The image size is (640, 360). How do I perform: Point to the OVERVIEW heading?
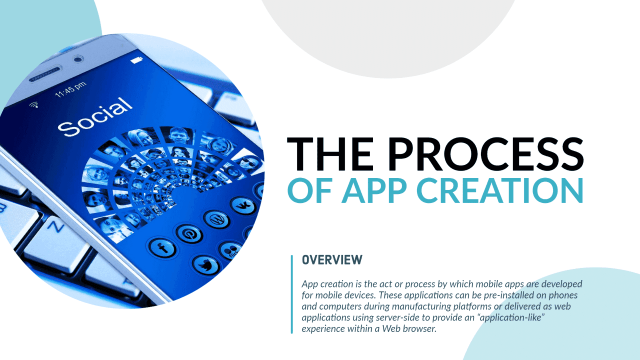332,260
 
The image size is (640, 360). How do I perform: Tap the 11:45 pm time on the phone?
70,89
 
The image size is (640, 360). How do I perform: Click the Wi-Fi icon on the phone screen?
34,105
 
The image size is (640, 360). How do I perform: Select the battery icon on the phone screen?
136,60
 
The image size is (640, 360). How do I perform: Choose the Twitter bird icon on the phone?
205,265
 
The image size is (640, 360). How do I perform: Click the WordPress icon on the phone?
216,218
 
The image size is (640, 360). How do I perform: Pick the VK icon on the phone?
243,205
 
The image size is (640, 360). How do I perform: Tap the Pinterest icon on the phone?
188,232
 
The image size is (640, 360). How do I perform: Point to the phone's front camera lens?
77,59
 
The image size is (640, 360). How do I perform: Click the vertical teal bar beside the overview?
291,293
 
